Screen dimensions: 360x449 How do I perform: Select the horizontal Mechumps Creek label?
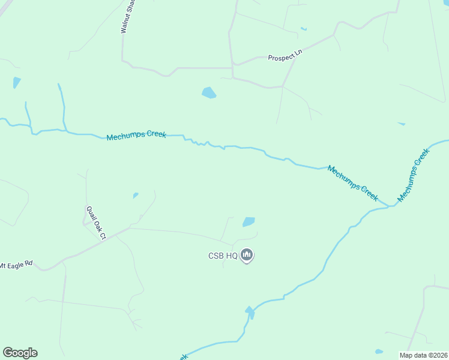pyautogui.click(x=136, y=136)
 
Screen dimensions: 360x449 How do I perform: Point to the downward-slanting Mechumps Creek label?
pyautogui.click(x=353, y=182)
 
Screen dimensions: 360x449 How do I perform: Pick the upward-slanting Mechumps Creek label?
pyautogui.click(x=414, y=175)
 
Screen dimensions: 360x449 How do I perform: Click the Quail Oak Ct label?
pyautogui.click(x=96, y=223)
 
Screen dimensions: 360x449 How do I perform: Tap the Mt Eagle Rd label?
pyautogui.click(x=16, y=265)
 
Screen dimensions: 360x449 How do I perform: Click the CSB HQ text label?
pyautogui.click(x=223, y=256)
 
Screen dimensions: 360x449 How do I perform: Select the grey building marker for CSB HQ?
pyautogui.click(x=247, y=256)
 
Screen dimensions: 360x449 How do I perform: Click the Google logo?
pyautogui.click(x=20, y=353)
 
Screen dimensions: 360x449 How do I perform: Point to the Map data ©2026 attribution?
pyautogui.click(x=424, y=355)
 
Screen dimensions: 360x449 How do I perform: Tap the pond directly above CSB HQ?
pyautogui.click(x=249, y=222)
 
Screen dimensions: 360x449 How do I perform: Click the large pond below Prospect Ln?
pyautogui.click(x=209, y=92)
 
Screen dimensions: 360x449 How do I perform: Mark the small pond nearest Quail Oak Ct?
pyautogui.click(x=136, y=195)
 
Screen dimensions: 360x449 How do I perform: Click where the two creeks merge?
pyautogui.click(x=391, y=206)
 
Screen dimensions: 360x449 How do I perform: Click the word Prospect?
pyautogui.click(x=281, y=58)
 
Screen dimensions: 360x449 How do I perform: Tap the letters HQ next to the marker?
pyautogui.click(x=231, y=256)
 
